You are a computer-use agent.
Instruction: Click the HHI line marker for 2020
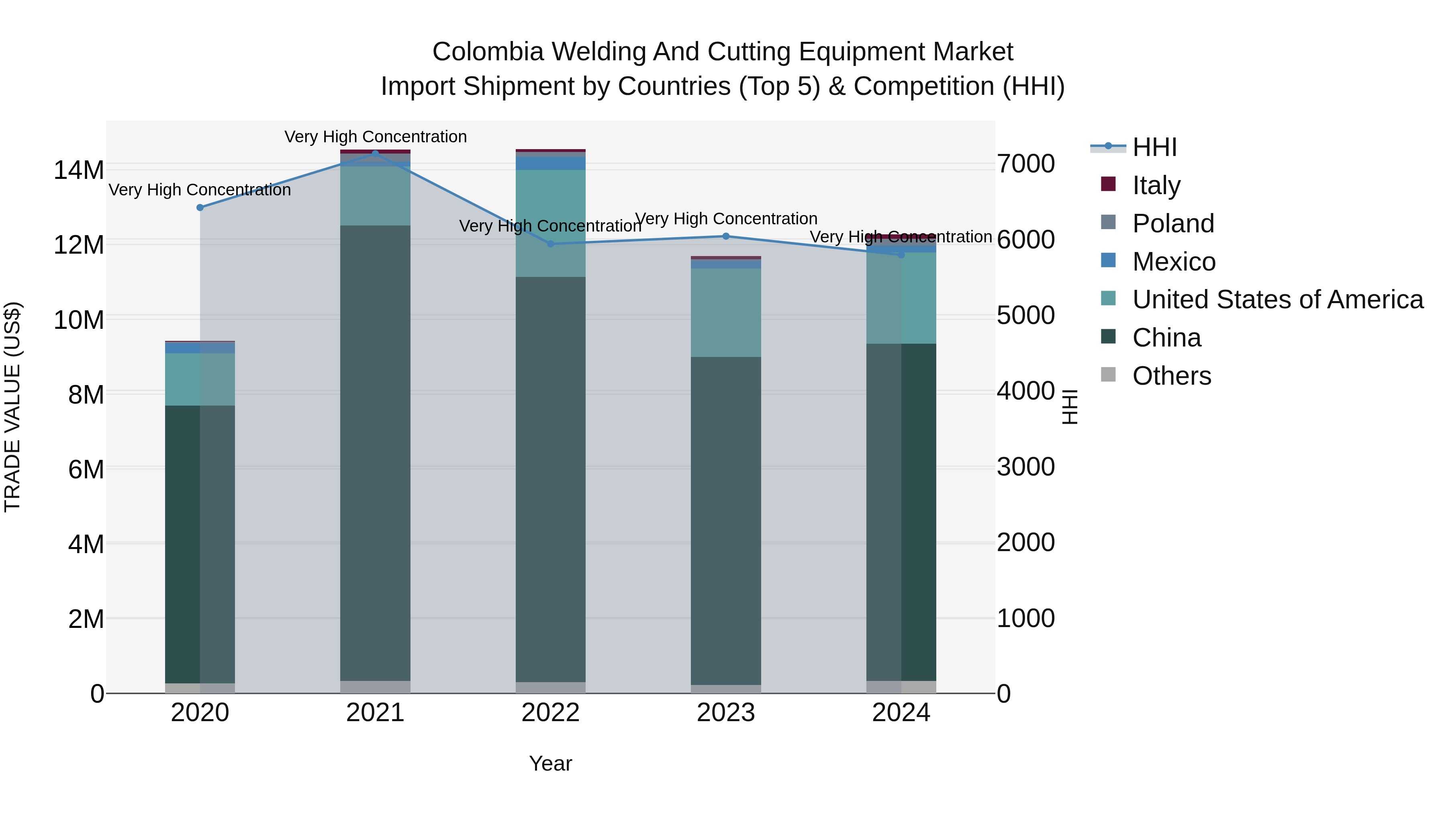pos(200,207)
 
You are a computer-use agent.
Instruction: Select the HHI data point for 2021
pos(376,154)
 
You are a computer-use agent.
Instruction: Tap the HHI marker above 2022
pos(551,244)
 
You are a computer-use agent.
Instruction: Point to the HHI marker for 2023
pos(726,236)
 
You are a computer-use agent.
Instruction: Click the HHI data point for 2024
pos(901,254)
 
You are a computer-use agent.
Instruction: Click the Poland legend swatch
pos(1108,222)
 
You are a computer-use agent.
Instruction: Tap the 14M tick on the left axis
pos(79,170)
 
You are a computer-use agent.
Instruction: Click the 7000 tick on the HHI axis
pos(1025,164)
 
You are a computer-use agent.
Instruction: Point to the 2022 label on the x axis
pos(550,713)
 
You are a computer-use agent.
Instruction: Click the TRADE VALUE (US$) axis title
pos(13,407)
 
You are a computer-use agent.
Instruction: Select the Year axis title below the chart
pos(550,763)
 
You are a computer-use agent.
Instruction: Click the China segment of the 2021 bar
pos(376,449)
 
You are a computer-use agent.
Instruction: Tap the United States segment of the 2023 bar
pos(726,312)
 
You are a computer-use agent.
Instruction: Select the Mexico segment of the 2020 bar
pos(200,348)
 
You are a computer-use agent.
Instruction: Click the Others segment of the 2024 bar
pos(901,687)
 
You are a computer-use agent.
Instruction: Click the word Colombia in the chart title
pos(487,52)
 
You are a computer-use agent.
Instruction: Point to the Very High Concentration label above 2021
pos(376,137)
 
